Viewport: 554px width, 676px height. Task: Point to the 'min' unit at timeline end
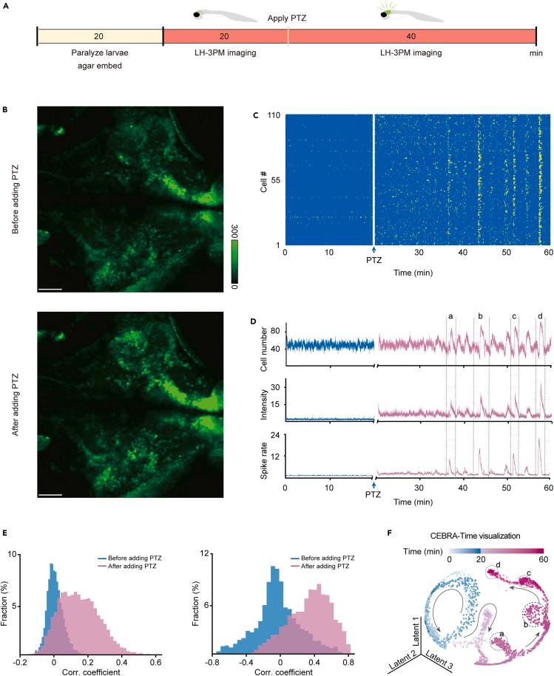tap(539, 54)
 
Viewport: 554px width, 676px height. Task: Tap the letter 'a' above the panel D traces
tap(450, 316)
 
